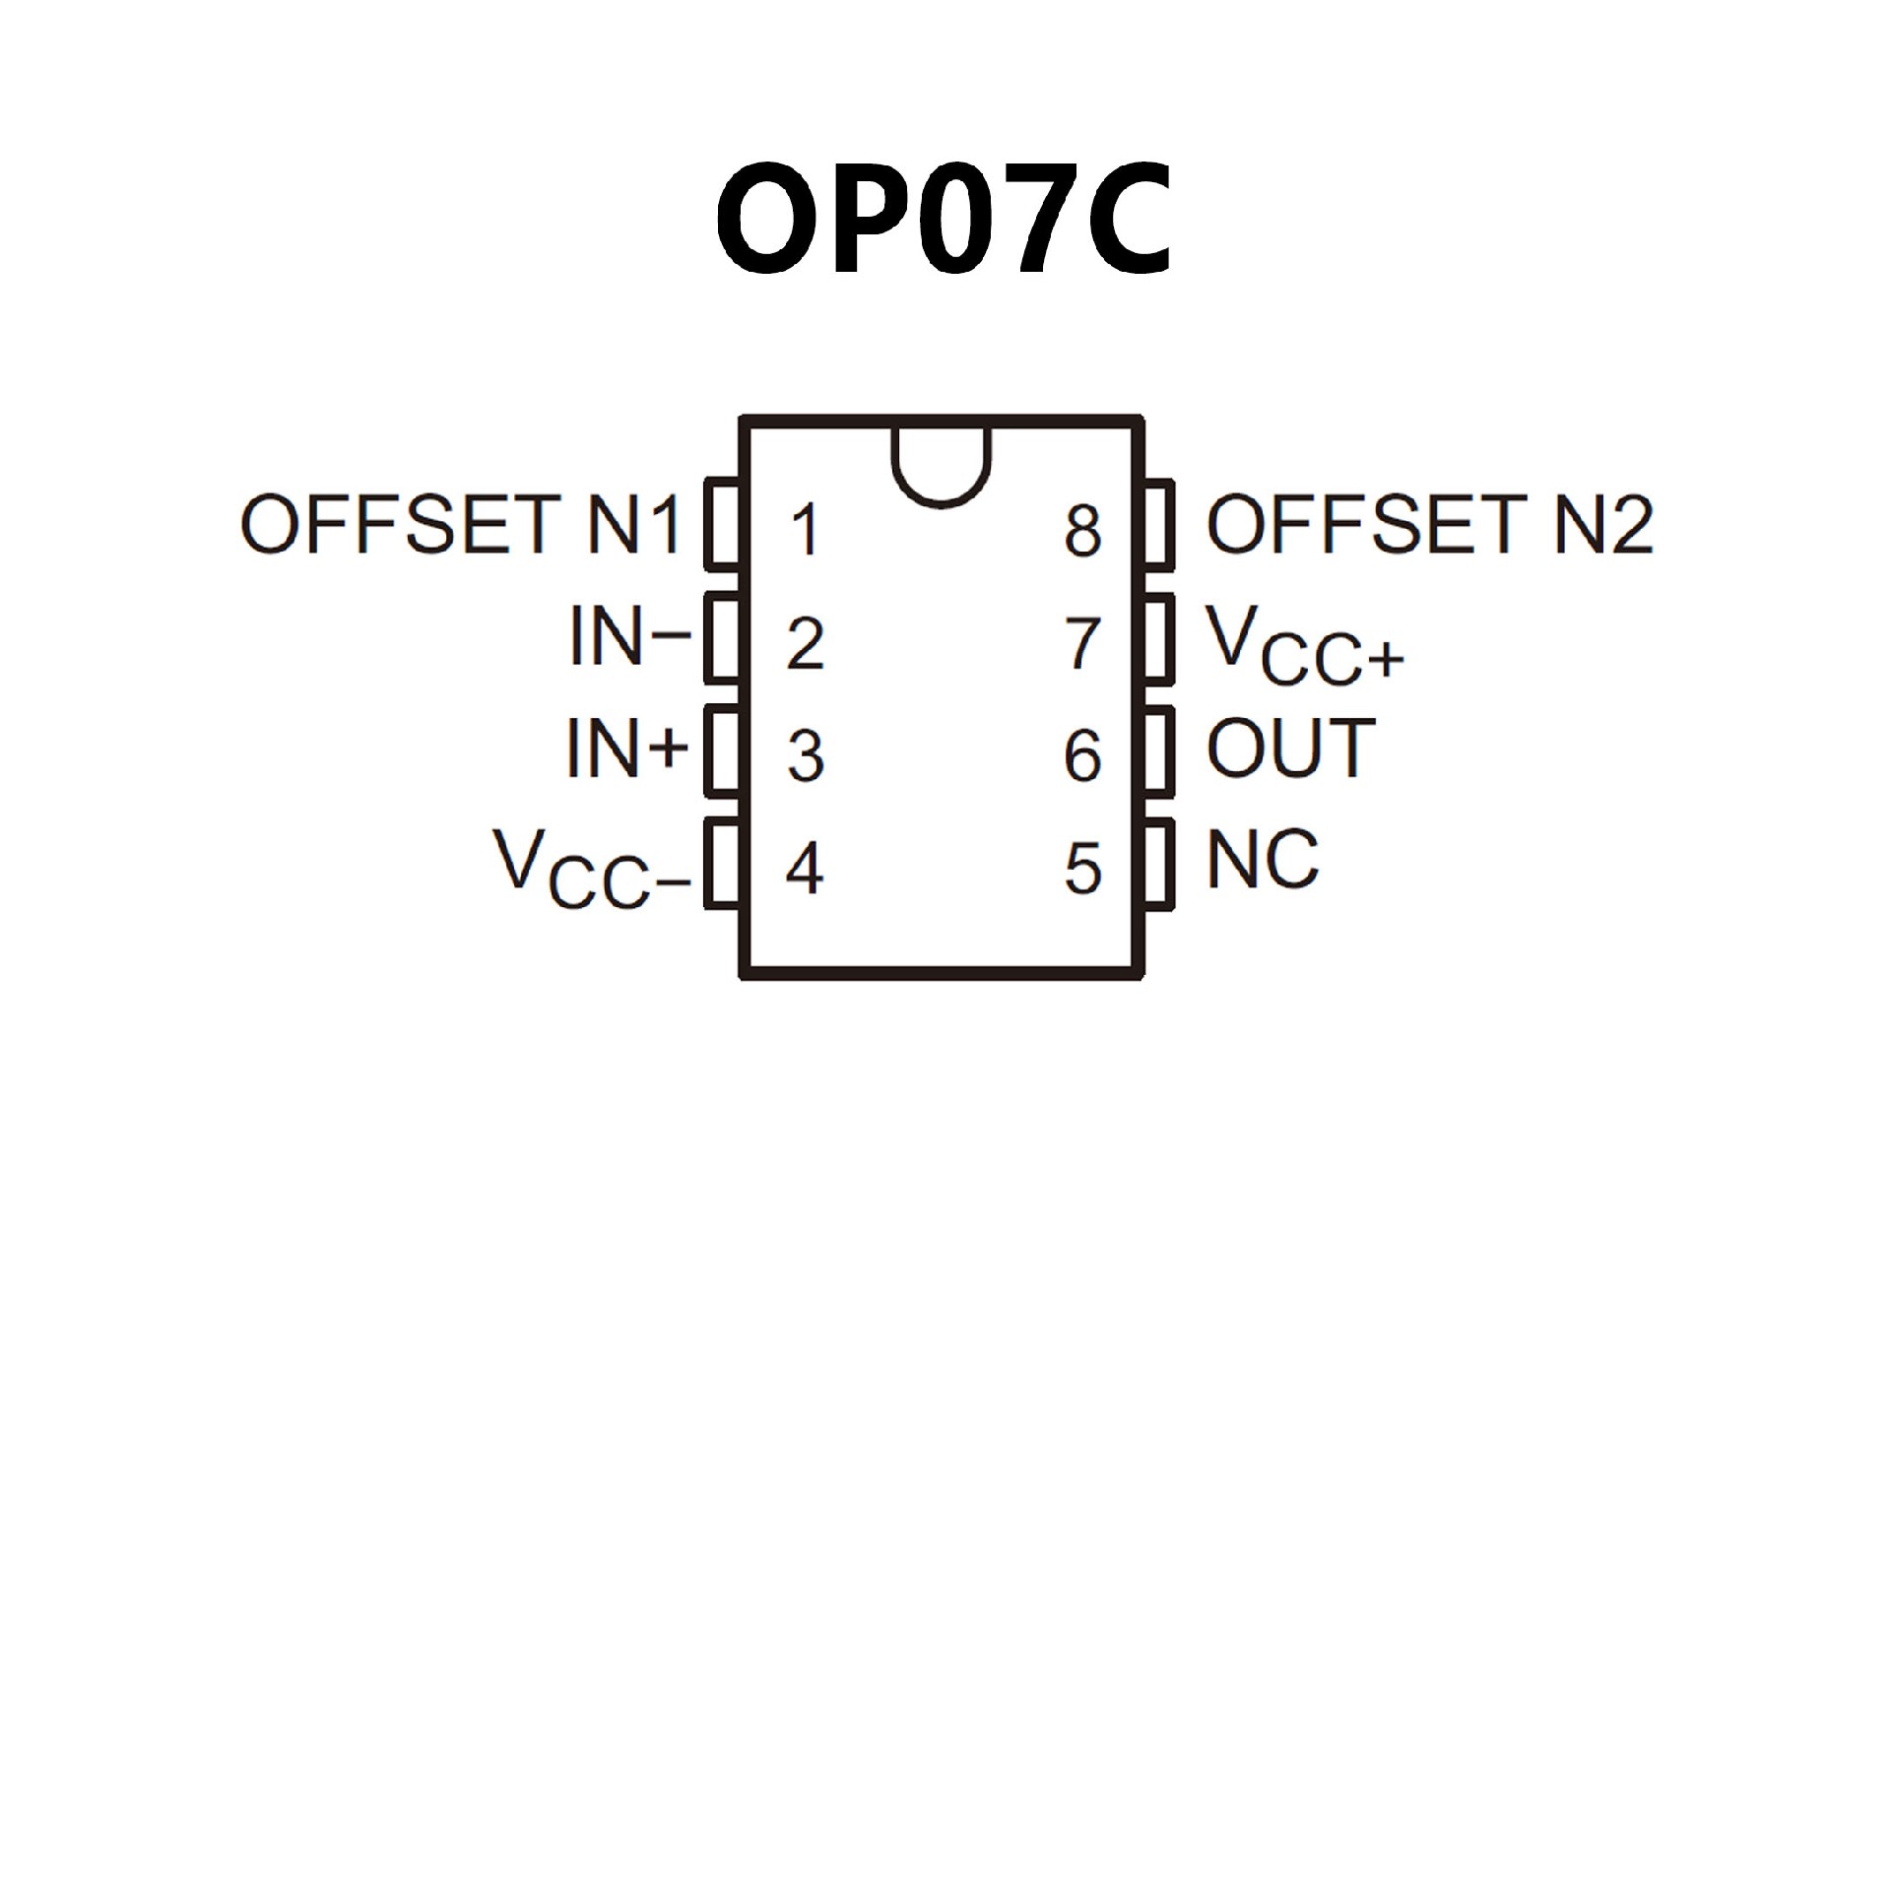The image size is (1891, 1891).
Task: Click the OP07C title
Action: point(944,219)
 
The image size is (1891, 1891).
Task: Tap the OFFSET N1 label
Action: point(460,524)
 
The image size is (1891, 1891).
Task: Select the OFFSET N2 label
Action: point(1429,524)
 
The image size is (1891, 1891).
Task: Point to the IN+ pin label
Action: point(626,749)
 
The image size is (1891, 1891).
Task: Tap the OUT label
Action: point(1290,749)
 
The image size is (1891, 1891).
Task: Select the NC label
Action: point(1262,860)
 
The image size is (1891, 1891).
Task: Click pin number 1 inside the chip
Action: point(805,530)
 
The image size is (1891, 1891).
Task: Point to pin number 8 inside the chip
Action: point(1082,530)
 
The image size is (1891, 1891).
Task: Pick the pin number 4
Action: point(804,870)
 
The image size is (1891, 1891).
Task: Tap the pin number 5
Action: point(1082,870)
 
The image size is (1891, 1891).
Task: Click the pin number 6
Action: point(1082,756)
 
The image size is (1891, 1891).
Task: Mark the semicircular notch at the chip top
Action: point(942,463)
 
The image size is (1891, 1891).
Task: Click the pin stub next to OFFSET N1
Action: point(723,524)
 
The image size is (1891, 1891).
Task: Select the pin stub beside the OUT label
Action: point(1159,750)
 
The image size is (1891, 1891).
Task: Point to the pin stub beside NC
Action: point(1159,863)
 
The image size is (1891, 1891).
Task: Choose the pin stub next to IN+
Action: point(723,750)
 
